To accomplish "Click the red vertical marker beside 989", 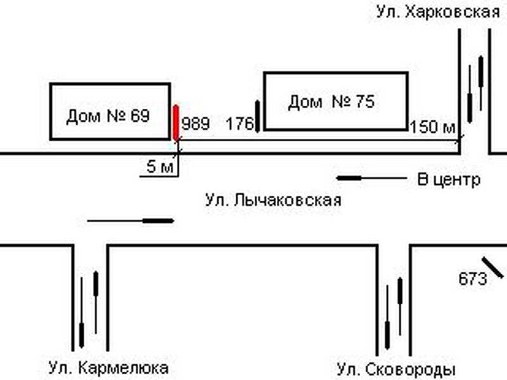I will pos(176,122).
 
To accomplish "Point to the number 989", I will pos(195,123).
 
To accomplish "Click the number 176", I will pos(240,123).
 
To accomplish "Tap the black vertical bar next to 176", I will pos(258,116).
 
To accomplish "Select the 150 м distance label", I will pos(433,127).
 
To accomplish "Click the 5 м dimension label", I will pos(159,168).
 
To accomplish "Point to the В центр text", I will pos(449,179).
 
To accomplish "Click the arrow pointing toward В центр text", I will pos(371,179).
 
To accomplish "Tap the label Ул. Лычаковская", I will pos(273,201).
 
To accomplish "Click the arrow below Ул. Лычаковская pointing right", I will pos(131,220).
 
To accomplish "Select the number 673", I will pos(472,278).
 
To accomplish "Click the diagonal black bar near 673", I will pos(492,267).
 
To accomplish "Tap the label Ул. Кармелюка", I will pos(108,367).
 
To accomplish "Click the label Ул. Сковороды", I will pos(396,369).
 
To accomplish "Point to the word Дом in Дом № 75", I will pos(305,101).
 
